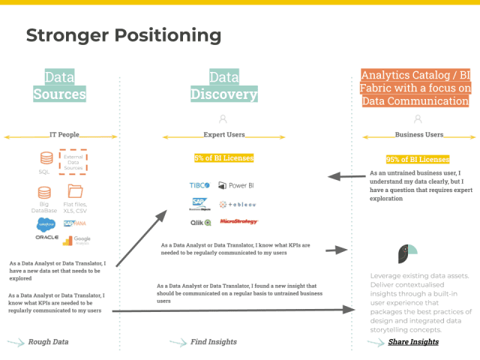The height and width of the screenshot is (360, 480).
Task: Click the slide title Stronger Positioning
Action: pyautogui.click(x=124, y=35)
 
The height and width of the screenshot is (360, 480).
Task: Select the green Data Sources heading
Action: pyautogui.click(x=59, y=85)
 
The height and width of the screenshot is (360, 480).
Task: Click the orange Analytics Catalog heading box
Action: pyautogui.click(x=415, y=88)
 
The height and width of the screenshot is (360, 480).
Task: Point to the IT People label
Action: pyautogui.click(x=64, y=136)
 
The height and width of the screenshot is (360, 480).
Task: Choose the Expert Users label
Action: pyautogui.click(x=224, y=136)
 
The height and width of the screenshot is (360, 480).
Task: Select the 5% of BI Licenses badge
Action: pyautogui.click(x=223, y=158)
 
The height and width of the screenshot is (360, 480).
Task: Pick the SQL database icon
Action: pyautogui.click(x=46, y=159)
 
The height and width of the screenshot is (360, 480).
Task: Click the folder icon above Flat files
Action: pyautogui.click(x=74, y=192)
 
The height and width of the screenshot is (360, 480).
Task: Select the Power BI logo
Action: pyautogui.click(x=237, y=185)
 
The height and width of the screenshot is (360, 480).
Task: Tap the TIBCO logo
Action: pyautogui.click(x=199, y=185)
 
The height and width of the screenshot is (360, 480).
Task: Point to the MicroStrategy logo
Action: pyautogui.click(x=238, y=222)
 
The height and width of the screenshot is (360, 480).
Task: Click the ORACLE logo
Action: pyautogui.click(x=46, y=238)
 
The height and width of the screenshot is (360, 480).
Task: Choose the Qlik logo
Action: pyautogui.click(x=200, y=222)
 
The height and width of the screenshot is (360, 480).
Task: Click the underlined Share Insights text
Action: pyautogui.click(x=413, y=342)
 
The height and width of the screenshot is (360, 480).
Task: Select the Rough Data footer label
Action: pyautogui.click(x=49, y=342)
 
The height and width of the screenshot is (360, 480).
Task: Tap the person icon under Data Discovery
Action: pyautogui.click(x=223, y=118)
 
